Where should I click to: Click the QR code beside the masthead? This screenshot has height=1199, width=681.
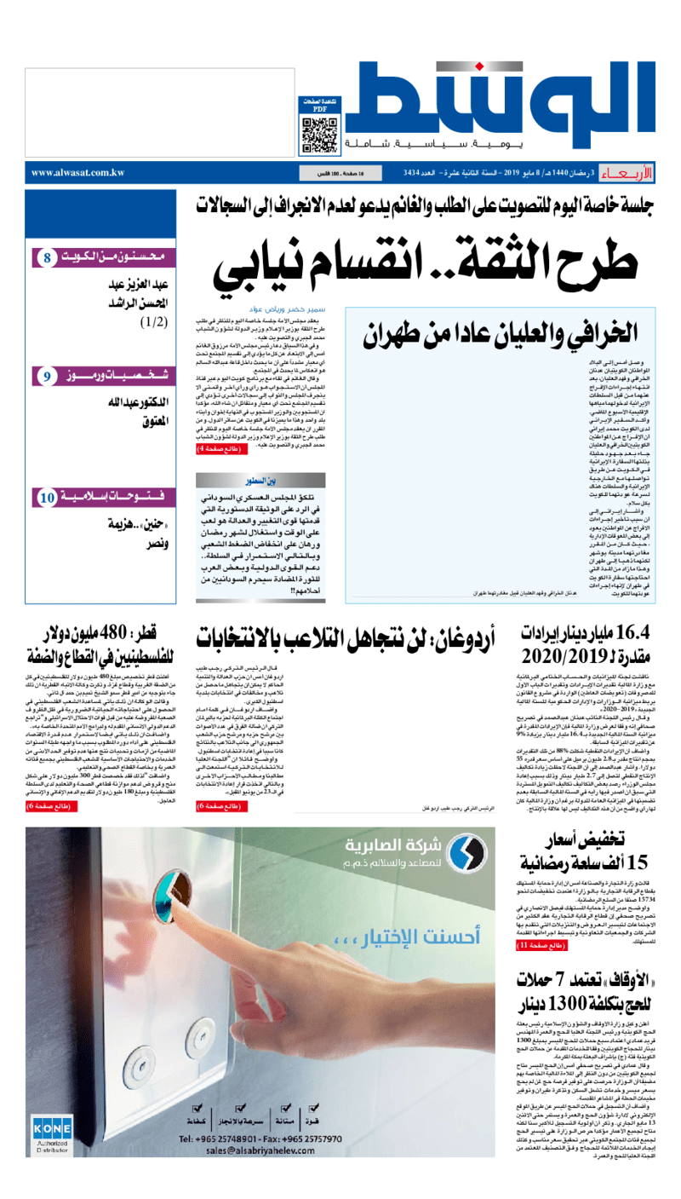[x=318, y=130]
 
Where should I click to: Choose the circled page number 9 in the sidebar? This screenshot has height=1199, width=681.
[x=48, y=376]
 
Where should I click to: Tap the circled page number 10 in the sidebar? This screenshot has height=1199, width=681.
[x=49, y=496]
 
